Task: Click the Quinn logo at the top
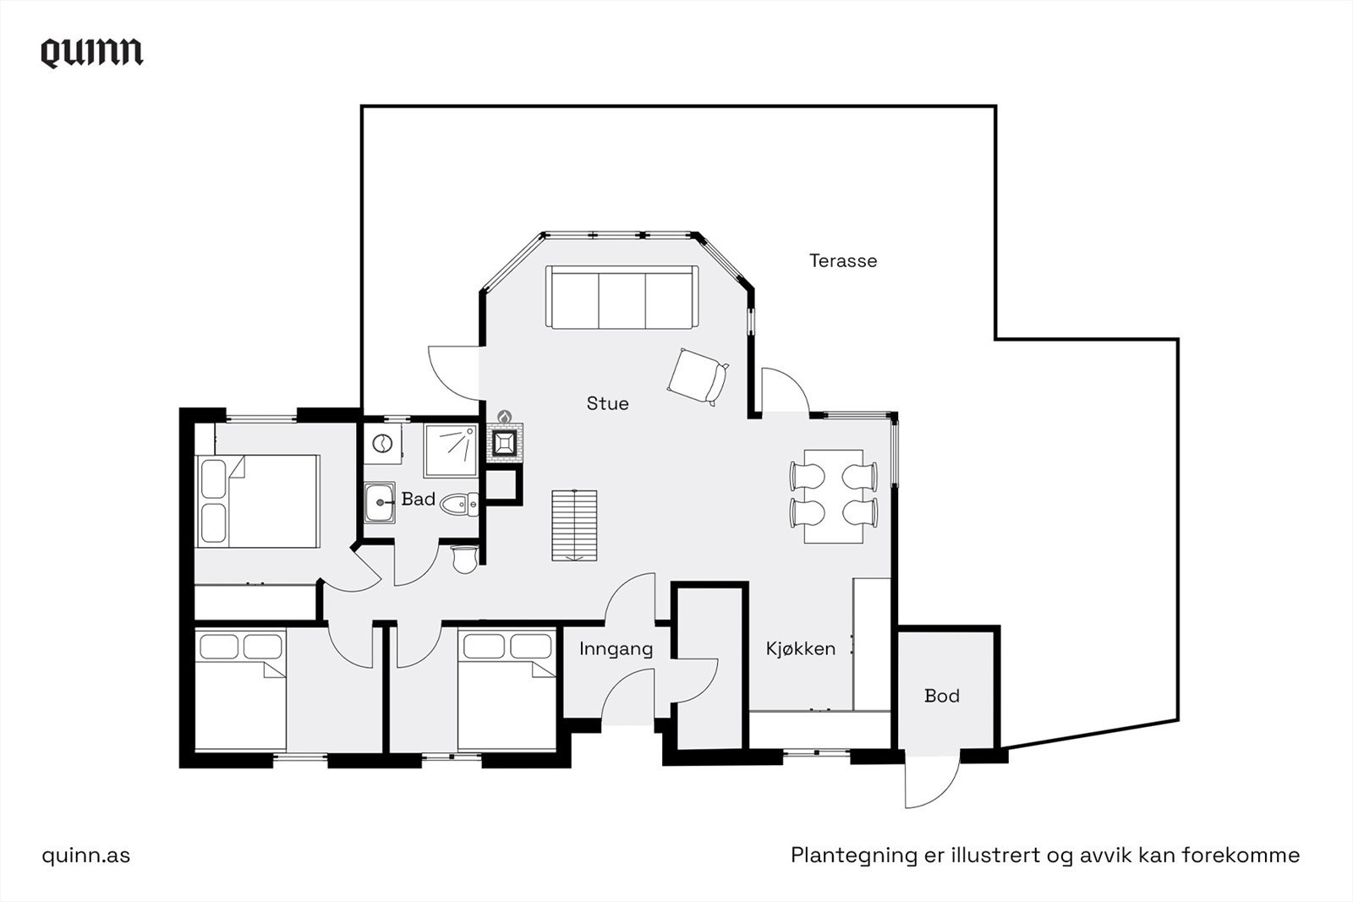point(92,53)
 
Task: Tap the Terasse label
point(843,261)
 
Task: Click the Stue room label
point(608,403)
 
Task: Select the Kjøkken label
point(801,648)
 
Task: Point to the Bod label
point(942,696)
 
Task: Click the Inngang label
point(616,649)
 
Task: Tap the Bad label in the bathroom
point(418,500)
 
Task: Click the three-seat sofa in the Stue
point(622,297)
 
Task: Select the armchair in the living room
point(698,377)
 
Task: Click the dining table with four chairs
point(834,496)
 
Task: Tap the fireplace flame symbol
point(504,416)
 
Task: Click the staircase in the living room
point(574,525)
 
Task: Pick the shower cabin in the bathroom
point(451,451)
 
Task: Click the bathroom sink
point(380,502)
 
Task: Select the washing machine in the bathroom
point(382,445)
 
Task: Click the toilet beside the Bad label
point(459,504)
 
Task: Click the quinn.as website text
point(85,856)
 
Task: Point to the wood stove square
point(504,444)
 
